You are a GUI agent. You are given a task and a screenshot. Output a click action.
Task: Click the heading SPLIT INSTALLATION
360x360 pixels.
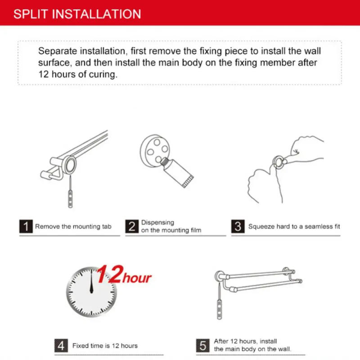click(x=77, y=13)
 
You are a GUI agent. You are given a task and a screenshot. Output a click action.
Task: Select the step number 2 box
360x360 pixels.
click(x=132, y=226)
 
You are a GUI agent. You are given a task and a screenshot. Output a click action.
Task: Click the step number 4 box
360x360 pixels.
click(x=62, y=346)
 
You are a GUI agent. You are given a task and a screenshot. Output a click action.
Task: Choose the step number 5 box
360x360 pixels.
click(x=203, y=346)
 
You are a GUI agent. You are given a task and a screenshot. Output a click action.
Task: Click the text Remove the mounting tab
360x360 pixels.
click(x=73, y=227)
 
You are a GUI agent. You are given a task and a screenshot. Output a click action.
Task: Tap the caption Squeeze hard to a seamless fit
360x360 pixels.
click(x=294, y=227)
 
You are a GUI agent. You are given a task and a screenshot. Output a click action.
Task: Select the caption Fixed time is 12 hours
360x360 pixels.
click(x=105, y=346)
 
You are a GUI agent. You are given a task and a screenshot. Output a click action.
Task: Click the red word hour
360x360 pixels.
click(x=137, y=278)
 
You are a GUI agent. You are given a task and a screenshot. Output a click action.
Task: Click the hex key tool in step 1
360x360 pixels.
click(x=70, y=195)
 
